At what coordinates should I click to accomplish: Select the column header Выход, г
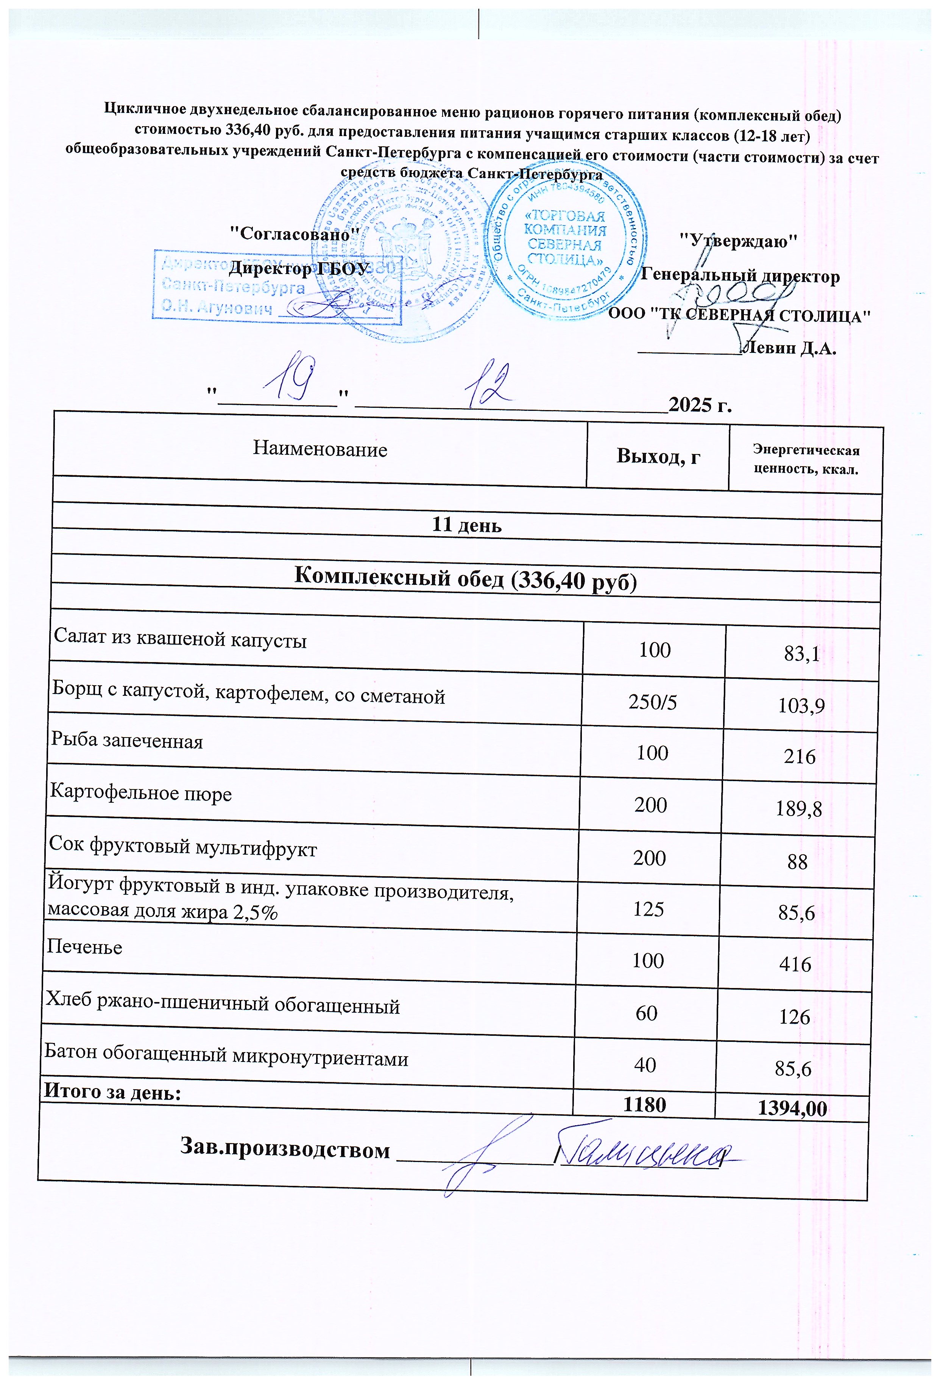click(658, 457)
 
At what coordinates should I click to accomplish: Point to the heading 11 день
click(466, 525)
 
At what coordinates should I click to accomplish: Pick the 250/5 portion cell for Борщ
click(653, 702)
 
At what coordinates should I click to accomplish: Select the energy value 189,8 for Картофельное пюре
click(799, 809)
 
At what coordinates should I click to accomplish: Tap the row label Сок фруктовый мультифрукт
click(183, 847)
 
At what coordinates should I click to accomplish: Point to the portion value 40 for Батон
click(645, 1065)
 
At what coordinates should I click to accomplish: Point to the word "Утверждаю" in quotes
click(739, 241)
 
